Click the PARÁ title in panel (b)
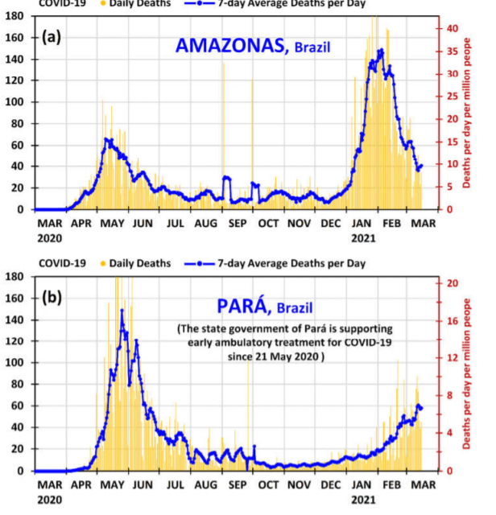tap(243, 306)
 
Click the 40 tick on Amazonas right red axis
tap(453, 28)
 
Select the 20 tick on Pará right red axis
tap(453, 283)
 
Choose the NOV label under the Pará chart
tap(300, 485)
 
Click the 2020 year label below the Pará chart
tap(48, 500)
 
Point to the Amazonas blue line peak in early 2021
tap(381, 50)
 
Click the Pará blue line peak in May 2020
tap(122, 311)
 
